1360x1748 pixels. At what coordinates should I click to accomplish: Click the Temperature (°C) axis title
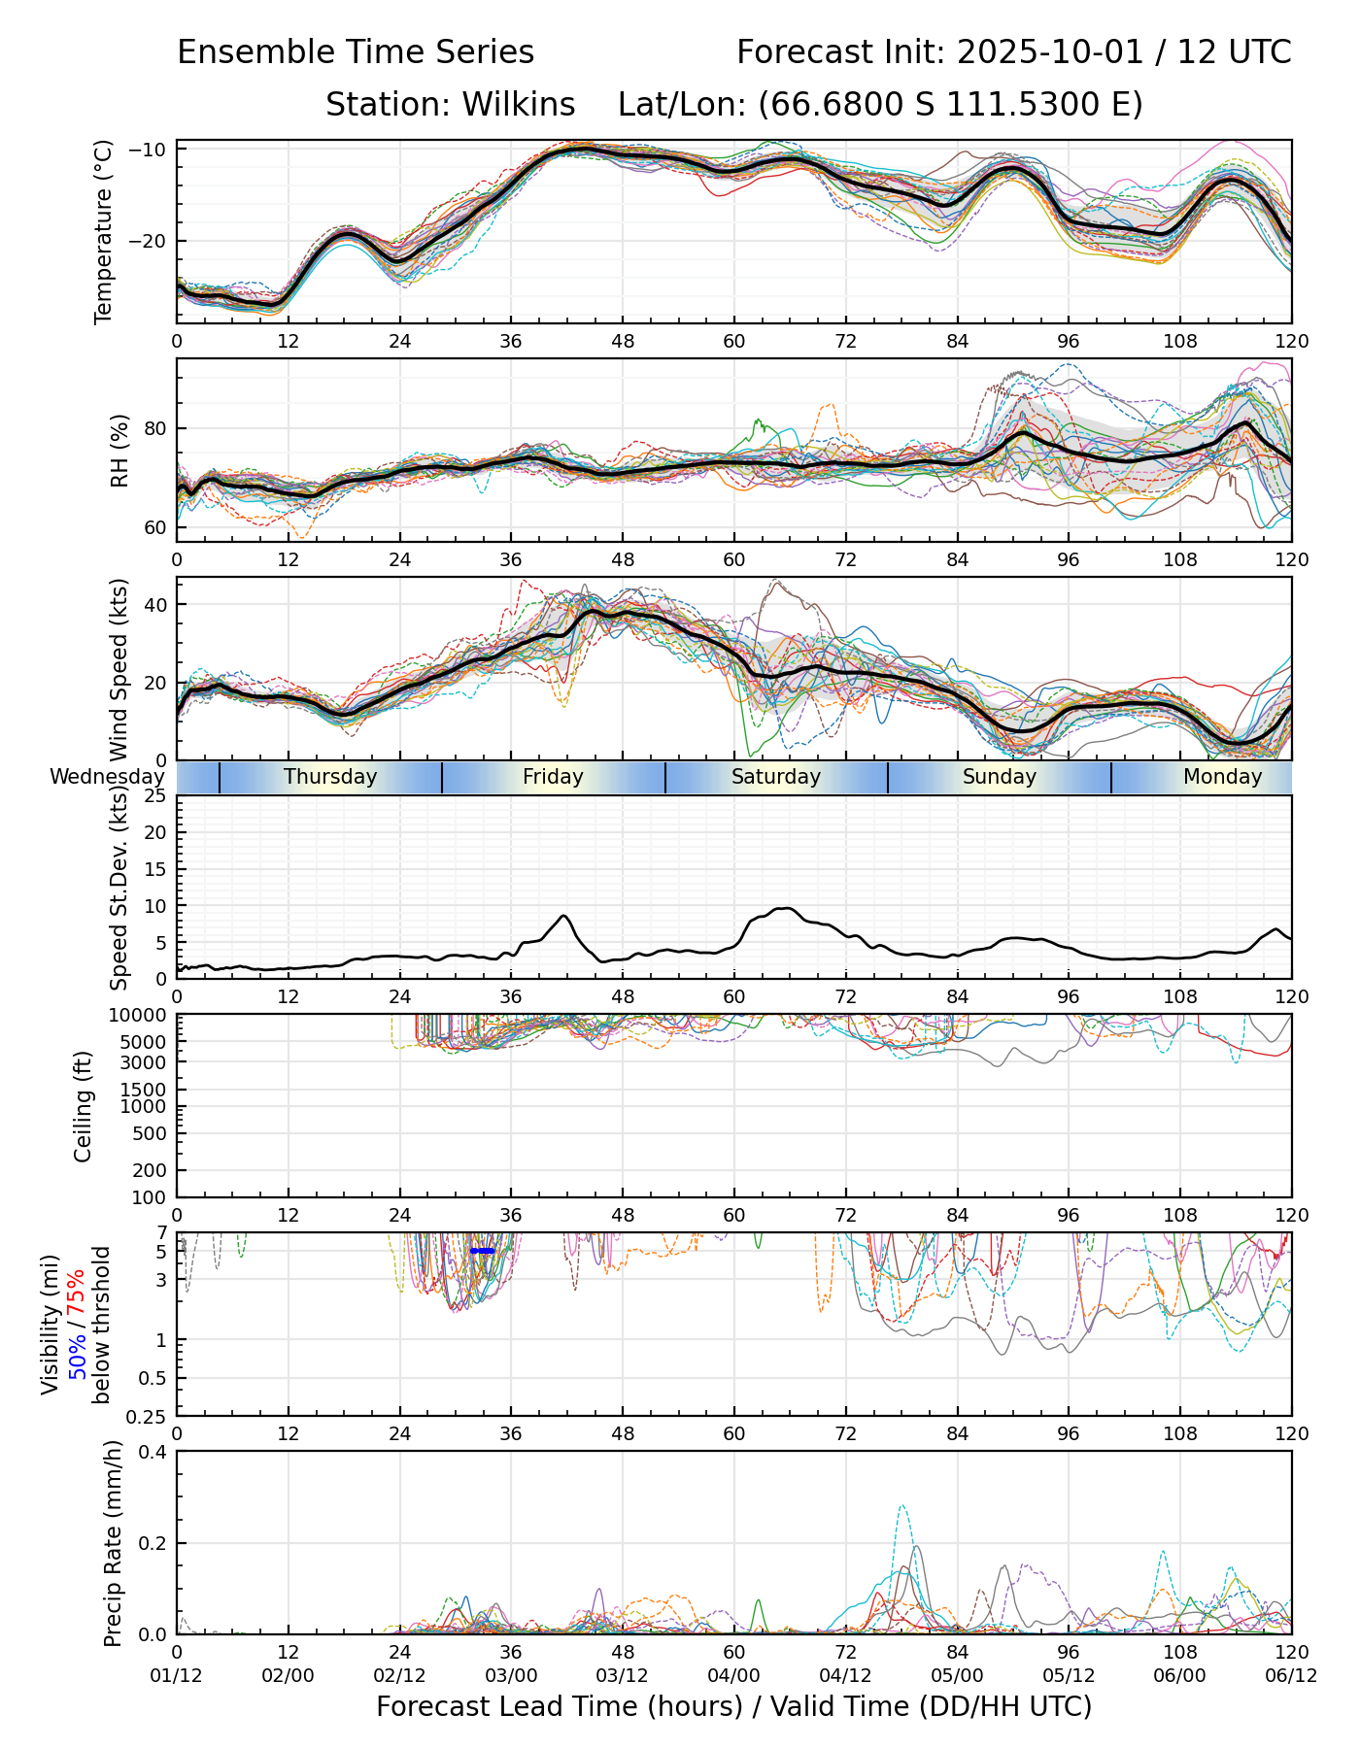point(104,231)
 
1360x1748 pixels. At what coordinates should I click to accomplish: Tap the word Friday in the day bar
point(553,777)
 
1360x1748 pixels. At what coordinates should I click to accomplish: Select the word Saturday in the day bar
point(776,777)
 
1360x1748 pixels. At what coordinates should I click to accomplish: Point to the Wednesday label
point(107,777)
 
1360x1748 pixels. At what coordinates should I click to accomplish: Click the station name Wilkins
point(519,105)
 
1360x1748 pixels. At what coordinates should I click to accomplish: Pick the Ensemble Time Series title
point(356,52)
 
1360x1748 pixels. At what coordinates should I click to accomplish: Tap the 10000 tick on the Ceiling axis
point(139,1015)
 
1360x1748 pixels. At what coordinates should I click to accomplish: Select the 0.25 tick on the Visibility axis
point(148,1416)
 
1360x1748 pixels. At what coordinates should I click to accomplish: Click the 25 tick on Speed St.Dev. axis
point(155,796)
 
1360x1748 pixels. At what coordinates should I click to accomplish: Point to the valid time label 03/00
point(511,1677)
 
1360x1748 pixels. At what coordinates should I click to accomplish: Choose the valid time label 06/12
point(1291,1677)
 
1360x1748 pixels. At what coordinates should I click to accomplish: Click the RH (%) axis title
point(119,451)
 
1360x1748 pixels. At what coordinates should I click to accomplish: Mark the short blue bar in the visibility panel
point(483,1251)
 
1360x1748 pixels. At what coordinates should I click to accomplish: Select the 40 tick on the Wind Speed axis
point(155,604)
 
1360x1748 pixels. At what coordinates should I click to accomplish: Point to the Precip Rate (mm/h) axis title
point(114,1543)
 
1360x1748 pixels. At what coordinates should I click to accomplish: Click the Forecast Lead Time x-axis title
point(733,1707)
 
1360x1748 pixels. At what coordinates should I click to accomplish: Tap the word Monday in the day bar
point(1222,777)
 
